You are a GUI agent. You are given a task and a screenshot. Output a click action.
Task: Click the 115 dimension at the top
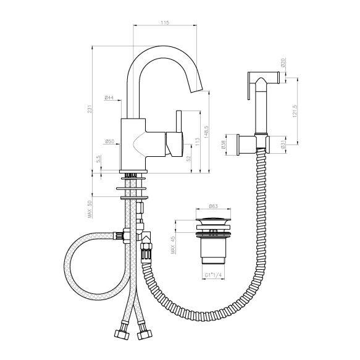point(165,22)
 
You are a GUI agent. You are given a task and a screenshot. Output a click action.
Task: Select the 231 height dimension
point(90,109)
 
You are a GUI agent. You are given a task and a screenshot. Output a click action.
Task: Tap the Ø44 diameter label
point(109,98)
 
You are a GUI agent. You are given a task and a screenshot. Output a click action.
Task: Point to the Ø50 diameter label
point(110,141)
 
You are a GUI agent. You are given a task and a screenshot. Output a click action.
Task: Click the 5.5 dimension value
point(98,159)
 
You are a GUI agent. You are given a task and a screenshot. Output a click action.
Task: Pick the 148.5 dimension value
point(206,132)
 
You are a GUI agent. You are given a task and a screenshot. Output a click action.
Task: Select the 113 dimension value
point(198,142)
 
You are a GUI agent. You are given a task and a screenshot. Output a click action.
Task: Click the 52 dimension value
point(189,159)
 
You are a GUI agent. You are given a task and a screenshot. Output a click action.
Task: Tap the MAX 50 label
point(90,209)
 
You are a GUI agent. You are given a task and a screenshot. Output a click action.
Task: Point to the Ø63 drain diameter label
point(213,206)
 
